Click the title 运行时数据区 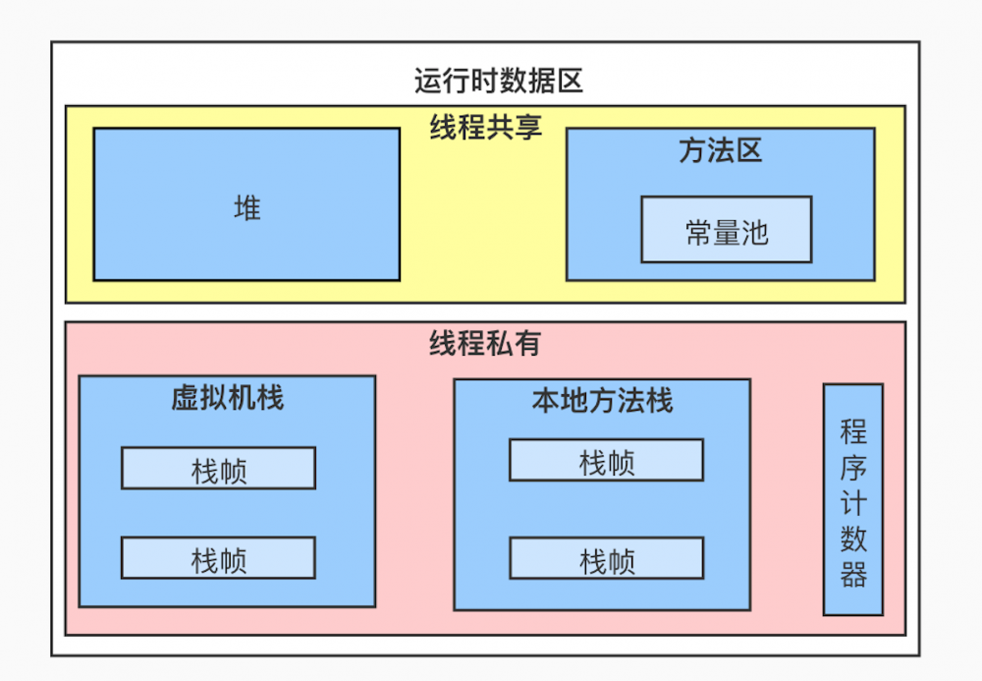[x=498, y=80]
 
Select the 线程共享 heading [x=485, y=128]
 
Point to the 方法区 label [x=720, y=150]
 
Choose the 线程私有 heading [x=485, y=343]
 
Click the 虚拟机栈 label [x=227, y=398]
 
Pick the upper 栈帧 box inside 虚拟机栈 [x=218, y=469]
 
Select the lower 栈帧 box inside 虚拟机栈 [x=218, y=558]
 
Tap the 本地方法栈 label [x=602, y=401]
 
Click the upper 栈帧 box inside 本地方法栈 [x=606, y=461]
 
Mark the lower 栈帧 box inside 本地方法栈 [x=606, y=558]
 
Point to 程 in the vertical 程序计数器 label [x=853, y=431]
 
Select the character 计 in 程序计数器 [x=853, y=503]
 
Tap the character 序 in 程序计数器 [x=853, y=467]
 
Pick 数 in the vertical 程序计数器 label [x=853, y=539]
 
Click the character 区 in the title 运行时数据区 [x=570, y=80]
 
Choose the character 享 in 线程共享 [x=528, y=128]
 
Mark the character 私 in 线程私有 [x=499, y=343]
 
